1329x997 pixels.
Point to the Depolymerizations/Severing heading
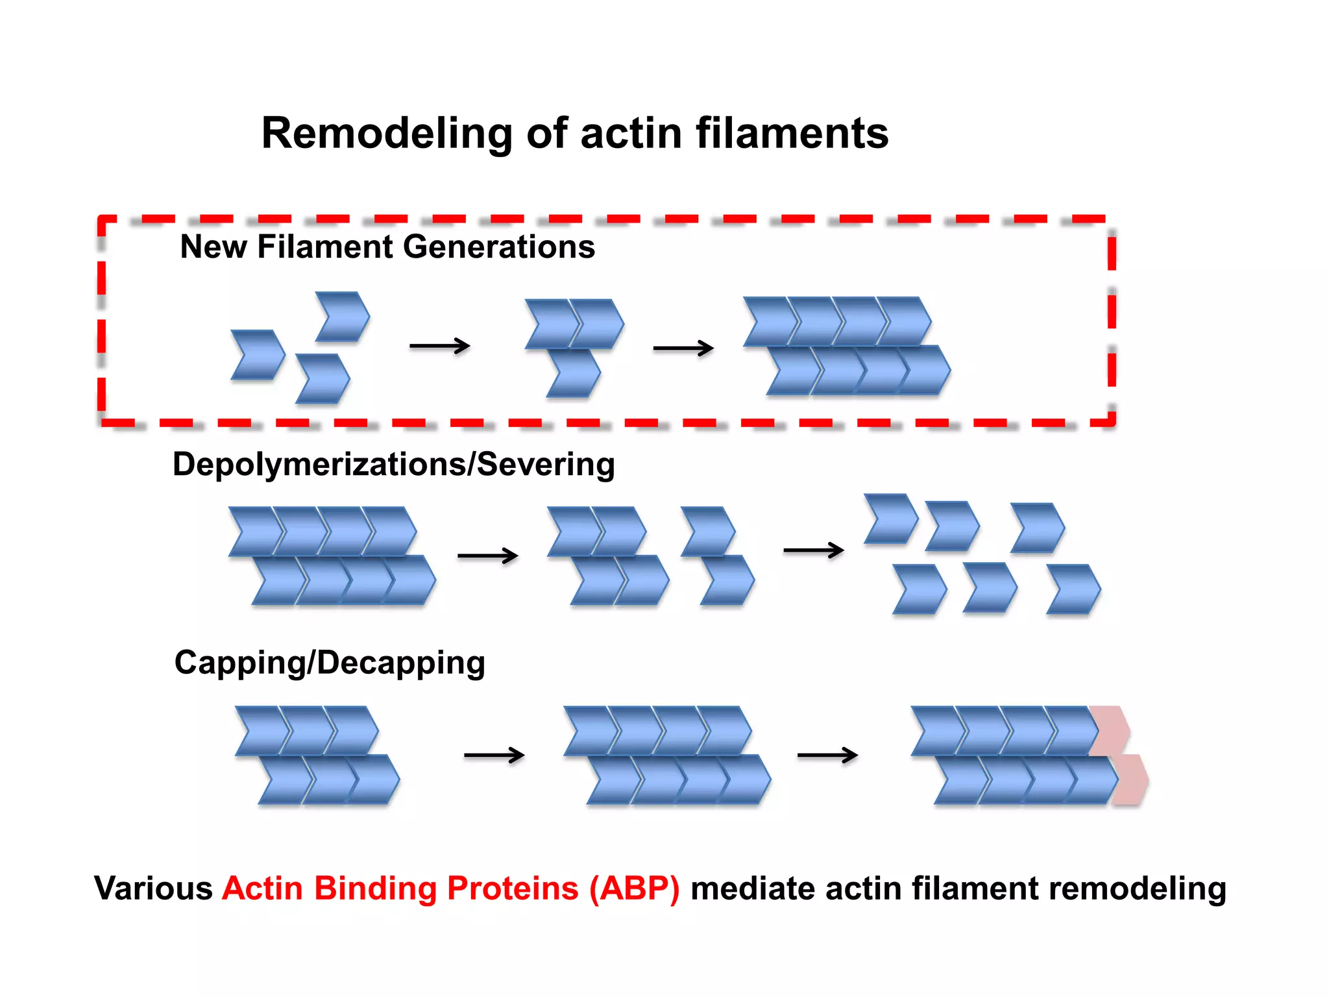pos(393,465)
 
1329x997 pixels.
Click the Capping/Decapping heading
pos(330,663)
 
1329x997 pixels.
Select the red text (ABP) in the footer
pos(634,888)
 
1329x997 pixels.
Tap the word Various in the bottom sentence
pos(153,888)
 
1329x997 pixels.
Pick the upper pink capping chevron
pos(1111,730)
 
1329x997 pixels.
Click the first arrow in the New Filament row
pos(439,346)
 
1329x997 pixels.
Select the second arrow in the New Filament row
pos(683,349)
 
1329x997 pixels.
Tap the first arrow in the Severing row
pos(487,556)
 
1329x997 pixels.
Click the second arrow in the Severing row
pos(813,550)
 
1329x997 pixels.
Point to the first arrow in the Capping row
pos(494,755)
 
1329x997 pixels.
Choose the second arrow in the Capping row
pos(827,755)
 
